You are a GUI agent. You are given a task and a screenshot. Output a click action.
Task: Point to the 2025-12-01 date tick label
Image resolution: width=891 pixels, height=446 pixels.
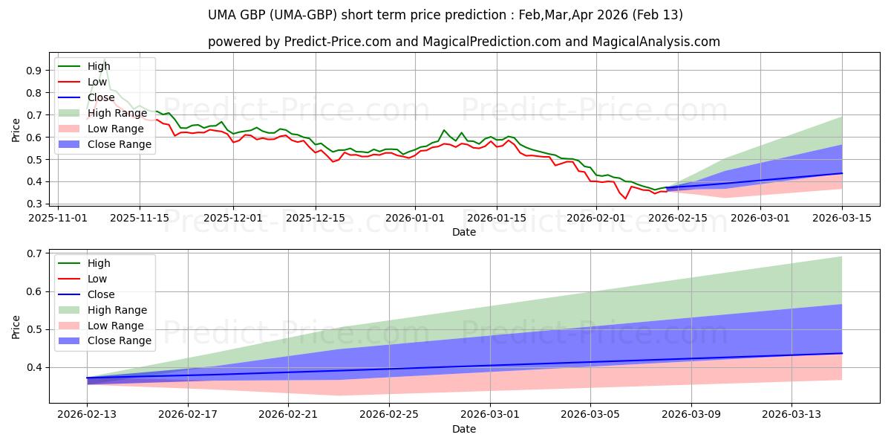(233, 218)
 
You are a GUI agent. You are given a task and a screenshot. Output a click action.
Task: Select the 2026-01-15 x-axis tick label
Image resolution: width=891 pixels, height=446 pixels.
(496, 218)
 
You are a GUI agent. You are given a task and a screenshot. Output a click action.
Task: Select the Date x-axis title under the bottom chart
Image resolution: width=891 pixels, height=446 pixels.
(464, 430)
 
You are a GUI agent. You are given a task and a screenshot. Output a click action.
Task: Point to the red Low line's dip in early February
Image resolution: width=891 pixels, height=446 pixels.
(624, 198)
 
